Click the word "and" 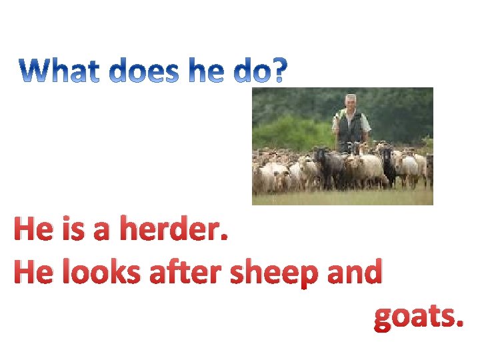[x=355, y=273]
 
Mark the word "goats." [x=417, y=318]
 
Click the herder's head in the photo [x=349, y=102]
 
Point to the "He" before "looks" [x=31, y=273]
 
